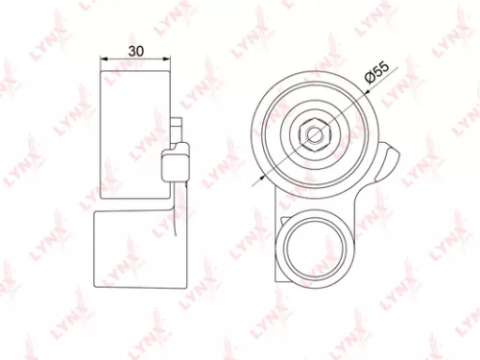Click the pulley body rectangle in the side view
pos(134,134)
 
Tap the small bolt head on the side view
pos(177,128)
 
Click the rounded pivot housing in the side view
pos(176,163)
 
